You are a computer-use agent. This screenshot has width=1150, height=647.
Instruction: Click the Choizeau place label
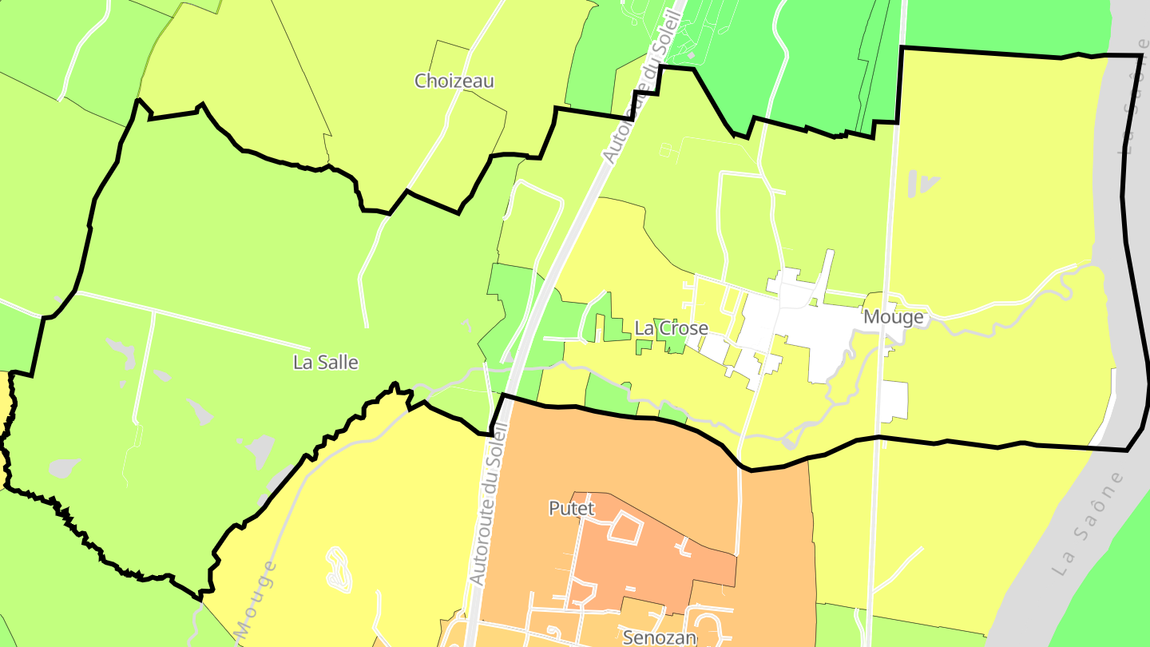click(454, 81)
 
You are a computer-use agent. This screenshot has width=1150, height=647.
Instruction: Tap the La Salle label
click(326, 363)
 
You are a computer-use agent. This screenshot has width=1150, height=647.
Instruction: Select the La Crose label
click(671, 328)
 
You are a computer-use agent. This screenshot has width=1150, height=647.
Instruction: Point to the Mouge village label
click(893, 317)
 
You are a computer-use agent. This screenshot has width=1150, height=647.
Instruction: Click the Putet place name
click(573, 508)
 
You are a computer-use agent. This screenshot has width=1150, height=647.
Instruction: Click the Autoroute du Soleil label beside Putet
click(488, 503)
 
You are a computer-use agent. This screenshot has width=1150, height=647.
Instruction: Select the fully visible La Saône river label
click(1089, 524)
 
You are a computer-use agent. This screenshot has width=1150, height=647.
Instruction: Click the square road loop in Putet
click(627, 528)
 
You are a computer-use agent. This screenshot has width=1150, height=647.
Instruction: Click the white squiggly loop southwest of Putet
click(339, 569)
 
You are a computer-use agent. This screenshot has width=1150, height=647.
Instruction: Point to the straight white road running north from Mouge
click(890, 200)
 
